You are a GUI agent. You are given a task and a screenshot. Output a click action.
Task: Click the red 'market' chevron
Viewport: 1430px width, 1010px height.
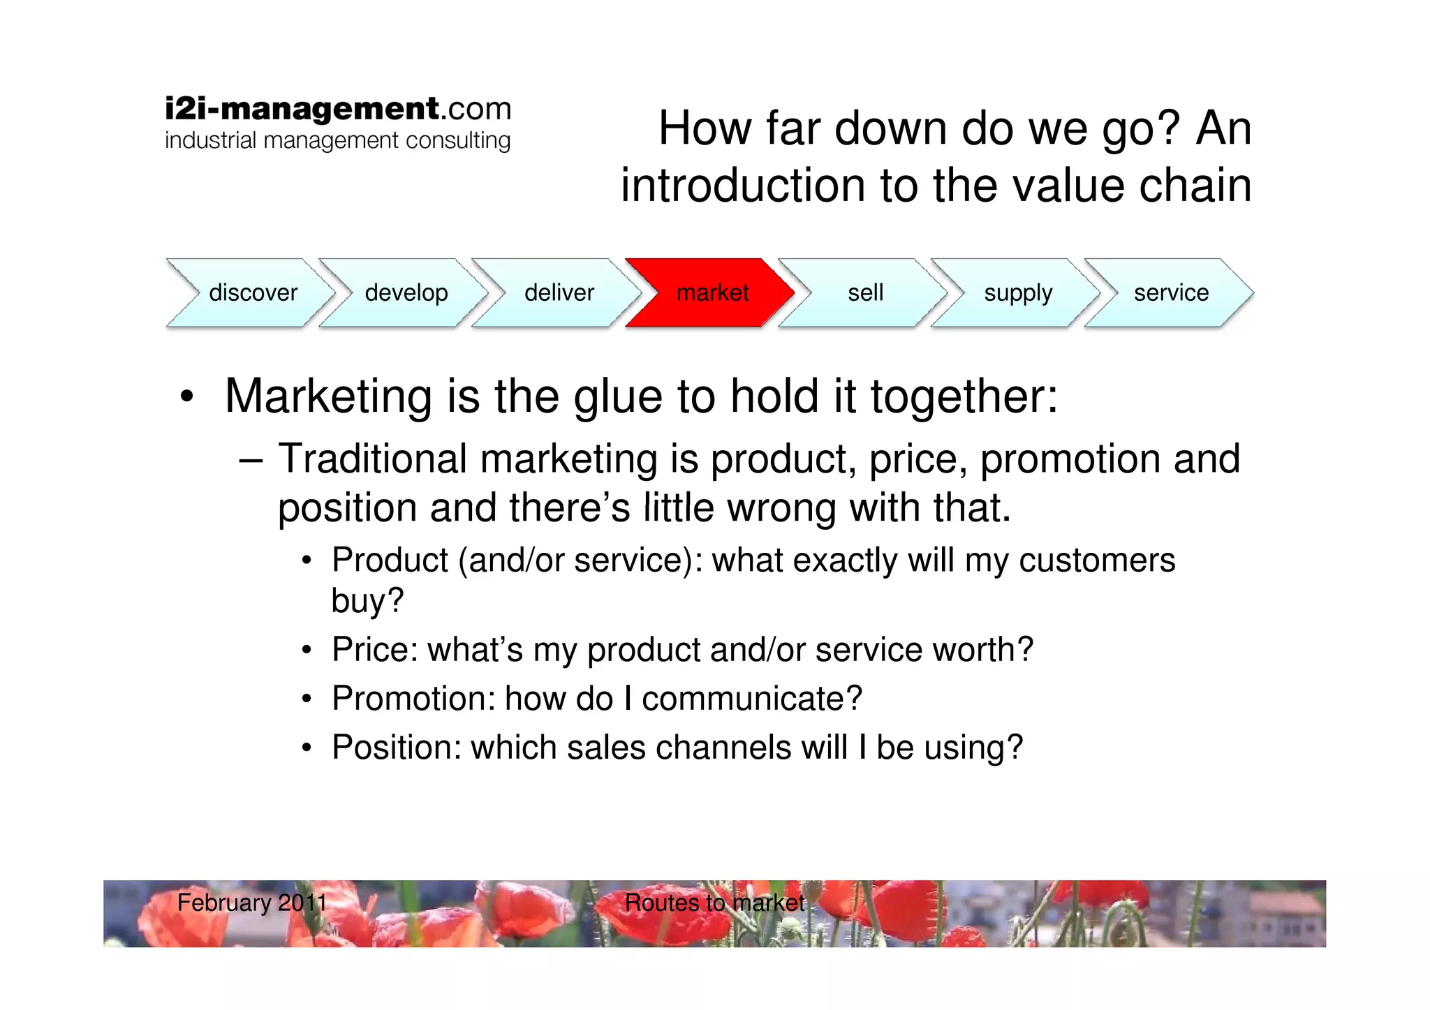click(x=711, y=292)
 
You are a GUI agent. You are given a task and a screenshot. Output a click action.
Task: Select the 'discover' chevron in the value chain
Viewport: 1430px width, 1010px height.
click(x=252, y=292)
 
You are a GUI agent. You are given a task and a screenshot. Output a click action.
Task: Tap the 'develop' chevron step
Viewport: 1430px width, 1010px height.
click(x=406, y=292)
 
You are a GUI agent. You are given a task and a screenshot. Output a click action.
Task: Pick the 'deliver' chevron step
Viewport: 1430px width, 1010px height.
click(x=559, y=292)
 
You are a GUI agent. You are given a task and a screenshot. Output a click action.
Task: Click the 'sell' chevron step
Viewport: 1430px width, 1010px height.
click(x=865, y=292)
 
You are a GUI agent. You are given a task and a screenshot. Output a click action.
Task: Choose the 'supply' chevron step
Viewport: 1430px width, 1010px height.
click(x=1017, y=292)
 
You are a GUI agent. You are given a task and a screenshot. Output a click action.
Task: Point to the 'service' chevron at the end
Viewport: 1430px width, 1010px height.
click(x=1171, y=292)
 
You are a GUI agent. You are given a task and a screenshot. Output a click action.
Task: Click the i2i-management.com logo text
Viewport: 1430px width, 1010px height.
click(x=338, y=109)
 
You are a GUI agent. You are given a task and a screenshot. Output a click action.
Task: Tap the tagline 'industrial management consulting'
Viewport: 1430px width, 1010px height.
click(x=338, y=140)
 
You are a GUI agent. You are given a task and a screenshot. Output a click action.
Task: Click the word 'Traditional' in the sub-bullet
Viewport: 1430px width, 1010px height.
click(x=372, y=459)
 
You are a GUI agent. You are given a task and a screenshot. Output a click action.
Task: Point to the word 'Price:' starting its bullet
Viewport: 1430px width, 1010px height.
click(x=374, y=650)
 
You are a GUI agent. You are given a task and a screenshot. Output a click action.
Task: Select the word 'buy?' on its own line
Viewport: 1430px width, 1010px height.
click(x=367, y=601)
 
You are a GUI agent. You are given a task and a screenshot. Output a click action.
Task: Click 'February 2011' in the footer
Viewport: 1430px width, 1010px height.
click(x=252, y=903)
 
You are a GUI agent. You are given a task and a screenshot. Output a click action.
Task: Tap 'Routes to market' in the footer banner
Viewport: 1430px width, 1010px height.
click(x=714, y=903)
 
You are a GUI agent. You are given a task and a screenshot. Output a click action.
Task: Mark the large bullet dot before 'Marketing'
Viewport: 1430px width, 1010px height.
click(x=186, y=397)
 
